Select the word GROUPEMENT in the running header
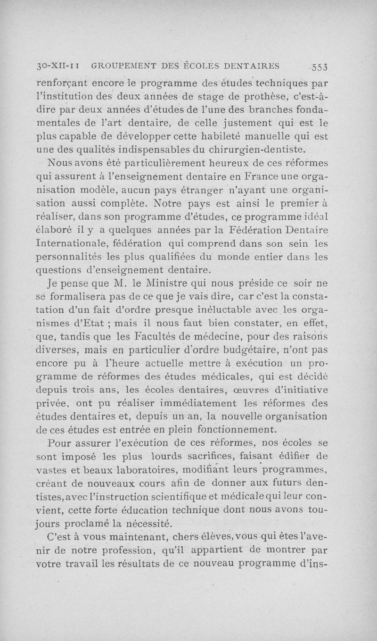point(121,66)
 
